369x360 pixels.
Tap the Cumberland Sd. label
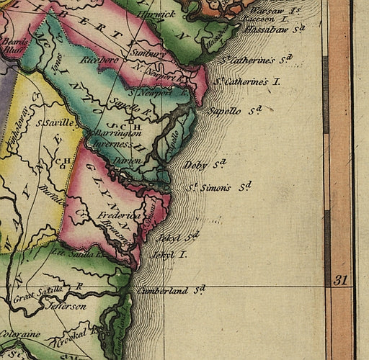pyautogui.click(x=170, y=290)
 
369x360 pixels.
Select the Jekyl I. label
pyautogui.click(x=169, y=255)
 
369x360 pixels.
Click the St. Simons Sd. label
pyautogui.click(x=220, y=187)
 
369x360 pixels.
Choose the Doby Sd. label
pyautogui.click(x=205, y=165)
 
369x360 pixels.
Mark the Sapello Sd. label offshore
pyautogui.click(x=232, y=111)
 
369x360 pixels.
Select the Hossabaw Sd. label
pyautogui.click(x=275, y=30)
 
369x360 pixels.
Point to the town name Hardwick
pyautogui.click(x=156, y=14)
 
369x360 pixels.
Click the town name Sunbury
pyautogui.click(x=148, y=53)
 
